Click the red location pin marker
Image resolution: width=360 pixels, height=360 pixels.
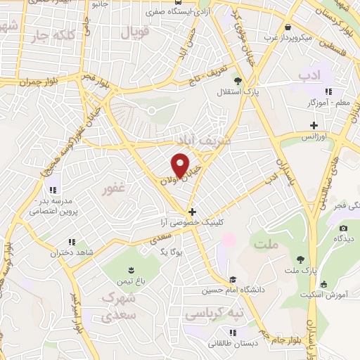coord(181,166)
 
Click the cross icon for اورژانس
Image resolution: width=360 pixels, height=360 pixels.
coord(314,125)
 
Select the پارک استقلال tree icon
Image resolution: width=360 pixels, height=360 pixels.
coord(238,81)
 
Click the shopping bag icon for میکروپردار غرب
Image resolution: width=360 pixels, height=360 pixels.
coord(287,27)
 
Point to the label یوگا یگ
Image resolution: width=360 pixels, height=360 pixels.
coord(170,251)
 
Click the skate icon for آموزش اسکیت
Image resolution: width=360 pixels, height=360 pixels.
coord(323,284)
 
